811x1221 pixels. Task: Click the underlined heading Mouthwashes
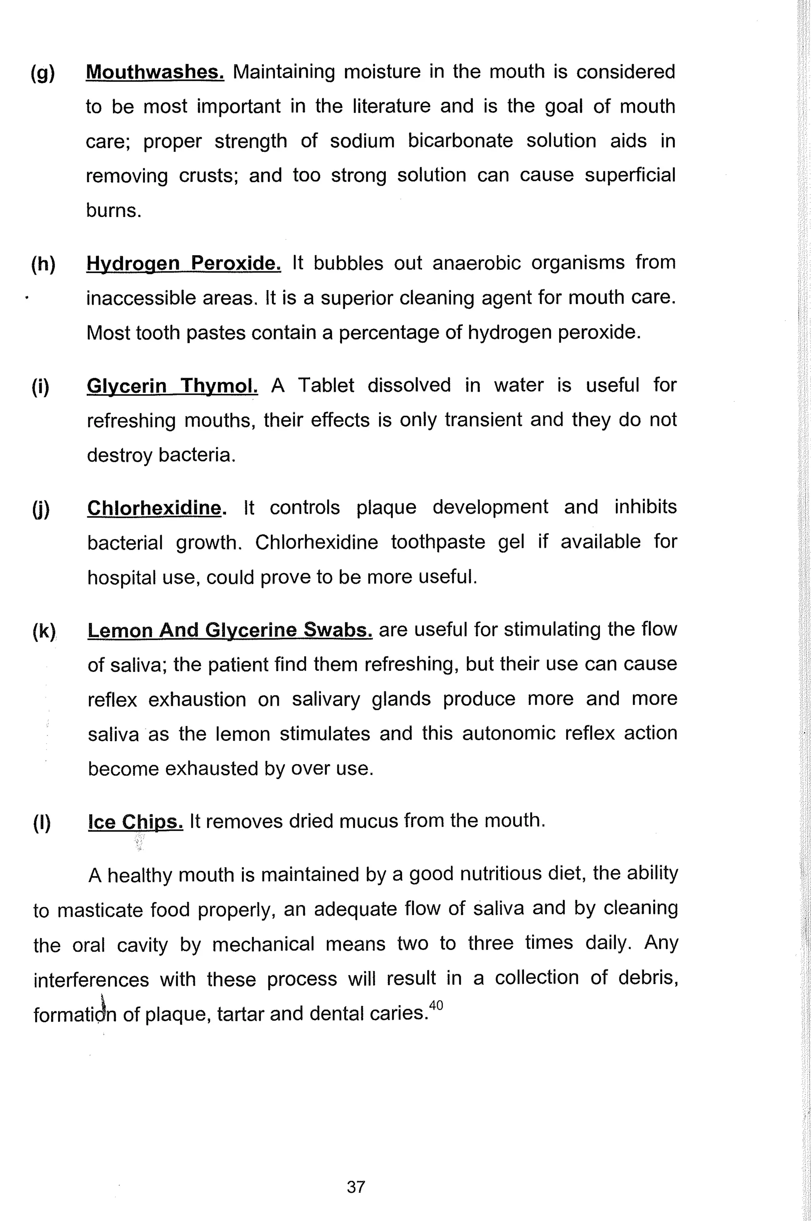[x=155, y=72]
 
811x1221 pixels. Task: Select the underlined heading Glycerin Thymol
[x=172, y=385]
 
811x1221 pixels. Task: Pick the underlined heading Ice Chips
[x=135, y=821]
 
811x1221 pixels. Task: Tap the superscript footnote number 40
[x=436, y=1005]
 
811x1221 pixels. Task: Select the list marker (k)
[x=44, y=631]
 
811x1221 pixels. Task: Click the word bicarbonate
[x=460, y=141]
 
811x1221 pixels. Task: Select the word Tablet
[x=326, y=385]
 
